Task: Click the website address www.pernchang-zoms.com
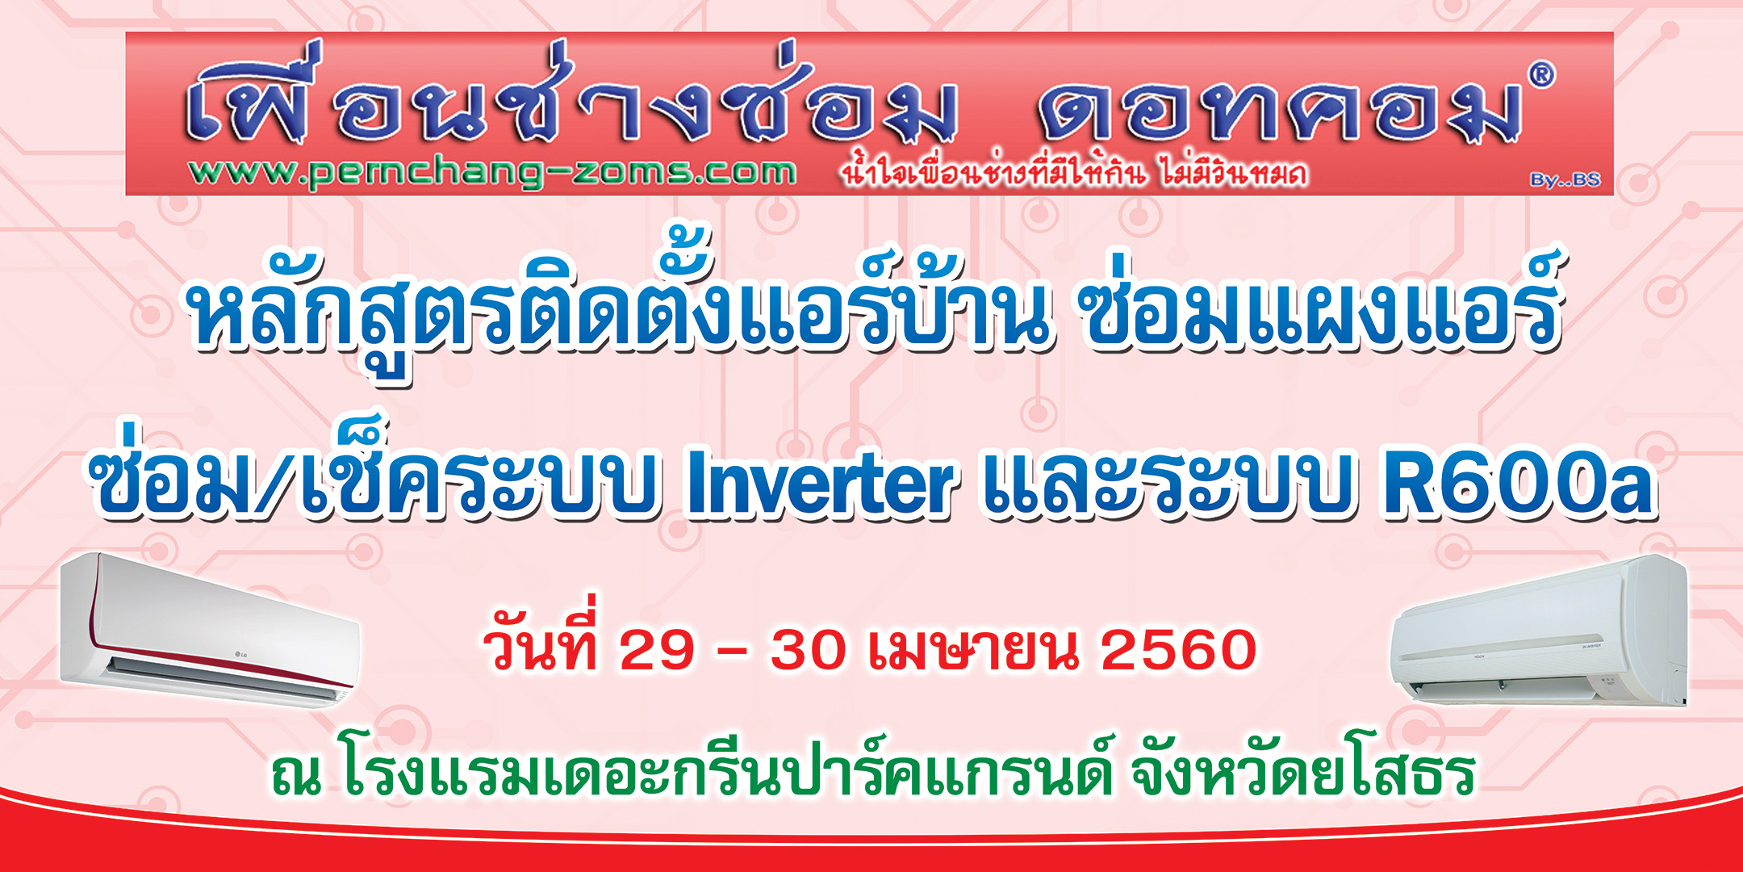click(492, 172)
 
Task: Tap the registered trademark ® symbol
click(1540, 75)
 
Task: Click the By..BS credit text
click(1565, 180)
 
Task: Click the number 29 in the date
click(657, 649)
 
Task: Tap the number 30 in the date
click(808, 649)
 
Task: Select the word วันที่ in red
click(542, 638)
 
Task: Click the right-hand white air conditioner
click(1537, 633)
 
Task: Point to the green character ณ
click(296, 776)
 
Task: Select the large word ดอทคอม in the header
click(1280, 111)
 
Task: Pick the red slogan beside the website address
click(1073, 171)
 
